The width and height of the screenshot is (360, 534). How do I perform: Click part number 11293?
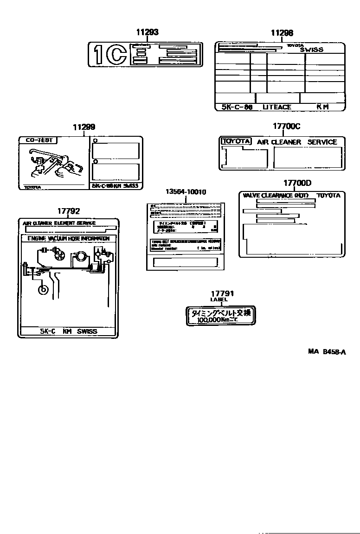click(147, 32)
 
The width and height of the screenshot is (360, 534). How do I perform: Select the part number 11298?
click(282, 32)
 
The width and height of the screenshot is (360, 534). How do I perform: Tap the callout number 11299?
click(84, 127)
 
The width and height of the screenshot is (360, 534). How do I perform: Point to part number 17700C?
click(287, 126)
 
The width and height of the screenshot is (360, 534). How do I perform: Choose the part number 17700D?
click(297, 183)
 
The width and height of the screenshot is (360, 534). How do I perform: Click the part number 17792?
click(69, 211)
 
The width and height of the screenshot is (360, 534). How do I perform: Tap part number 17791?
click(222, 293)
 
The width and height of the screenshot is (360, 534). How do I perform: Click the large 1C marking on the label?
click(110, 55)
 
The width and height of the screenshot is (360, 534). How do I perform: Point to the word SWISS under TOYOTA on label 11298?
click(311, 50)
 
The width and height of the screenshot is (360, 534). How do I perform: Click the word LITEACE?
click(277, 107)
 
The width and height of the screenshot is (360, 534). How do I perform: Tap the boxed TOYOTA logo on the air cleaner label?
click(236, 141)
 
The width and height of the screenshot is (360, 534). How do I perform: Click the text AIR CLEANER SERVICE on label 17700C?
click(297, 142)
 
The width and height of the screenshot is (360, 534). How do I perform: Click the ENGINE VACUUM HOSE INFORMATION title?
click(68, 238)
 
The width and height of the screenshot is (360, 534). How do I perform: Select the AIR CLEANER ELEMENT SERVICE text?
click(59, 223)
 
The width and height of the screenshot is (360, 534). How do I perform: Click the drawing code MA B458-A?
click(327, 352)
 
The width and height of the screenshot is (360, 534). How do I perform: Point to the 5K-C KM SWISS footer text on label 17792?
click(68, 331)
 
